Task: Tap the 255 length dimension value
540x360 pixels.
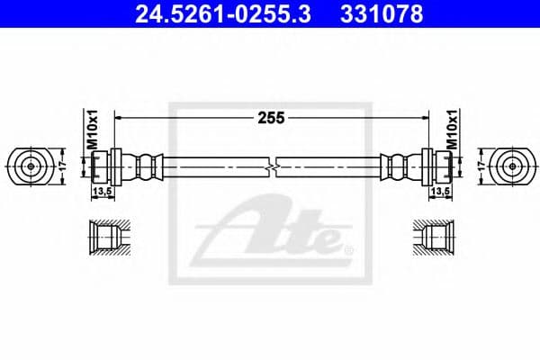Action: click(269, 117)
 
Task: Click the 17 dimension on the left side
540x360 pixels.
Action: click(62, 166)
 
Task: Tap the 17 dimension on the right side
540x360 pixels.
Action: click(478, 166)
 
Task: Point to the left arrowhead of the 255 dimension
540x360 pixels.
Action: click(120, 117)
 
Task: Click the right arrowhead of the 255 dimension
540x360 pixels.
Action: click(420, 117)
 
